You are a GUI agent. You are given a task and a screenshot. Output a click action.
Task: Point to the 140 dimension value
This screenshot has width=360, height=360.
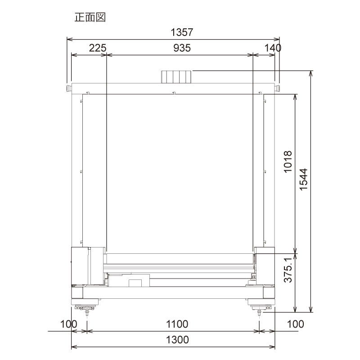[273, 48]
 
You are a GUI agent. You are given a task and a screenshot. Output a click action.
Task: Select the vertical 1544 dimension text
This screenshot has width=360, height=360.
[304, 184]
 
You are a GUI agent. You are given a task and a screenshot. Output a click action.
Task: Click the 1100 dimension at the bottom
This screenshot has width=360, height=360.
[176, 324]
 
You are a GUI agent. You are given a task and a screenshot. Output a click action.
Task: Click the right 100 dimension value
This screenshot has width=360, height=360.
[295, 324]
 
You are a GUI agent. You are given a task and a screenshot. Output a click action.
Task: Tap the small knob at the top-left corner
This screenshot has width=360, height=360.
[68, 87]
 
